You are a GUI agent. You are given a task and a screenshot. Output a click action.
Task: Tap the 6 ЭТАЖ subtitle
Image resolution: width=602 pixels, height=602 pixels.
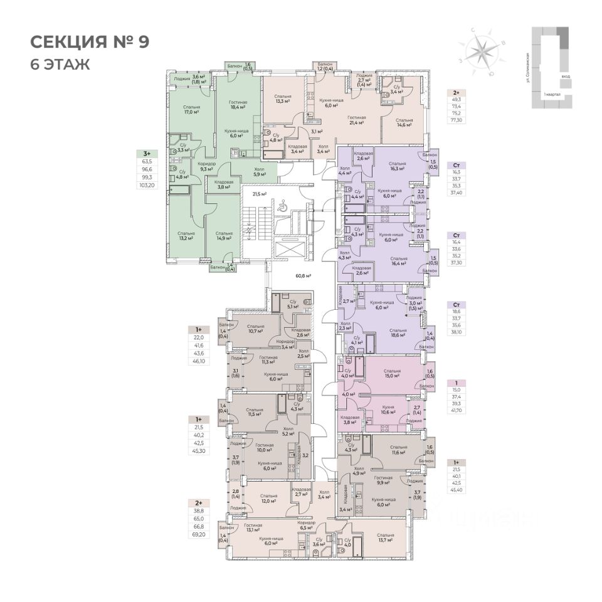click(x=60, y=64)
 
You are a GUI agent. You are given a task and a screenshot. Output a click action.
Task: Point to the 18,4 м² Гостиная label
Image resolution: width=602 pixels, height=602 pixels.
click(x=238, y=106)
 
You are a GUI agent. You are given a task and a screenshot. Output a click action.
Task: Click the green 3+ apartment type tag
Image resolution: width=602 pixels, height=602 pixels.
click(x=147, y=153)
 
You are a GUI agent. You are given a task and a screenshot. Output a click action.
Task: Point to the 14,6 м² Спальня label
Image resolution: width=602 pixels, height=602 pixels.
click(x=404, y=122)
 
